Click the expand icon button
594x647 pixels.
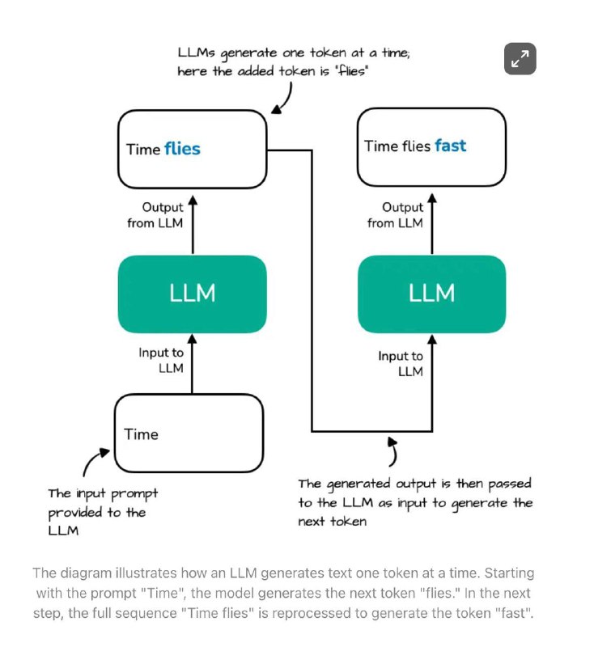(520, 58)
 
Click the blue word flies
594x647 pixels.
(182, 149)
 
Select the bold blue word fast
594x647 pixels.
(450, 146)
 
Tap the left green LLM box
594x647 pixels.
(193, 294)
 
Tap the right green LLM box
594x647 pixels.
(432, 294)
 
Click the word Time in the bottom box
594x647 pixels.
(141, 434)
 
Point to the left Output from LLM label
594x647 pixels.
(155, 215)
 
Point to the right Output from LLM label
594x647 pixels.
(396, 215)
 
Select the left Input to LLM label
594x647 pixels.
(161, 360)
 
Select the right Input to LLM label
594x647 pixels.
(401, 363)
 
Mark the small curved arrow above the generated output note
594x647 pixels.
(394, 451)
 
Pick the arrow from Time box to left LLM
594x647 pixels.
(193, 363)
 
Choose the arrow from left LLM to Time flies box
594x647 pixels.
(193, 225)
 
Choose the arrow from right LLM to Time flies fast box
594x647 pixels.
(432, 224)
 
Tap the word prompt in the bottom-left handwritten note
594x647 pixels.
(134, 494)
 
